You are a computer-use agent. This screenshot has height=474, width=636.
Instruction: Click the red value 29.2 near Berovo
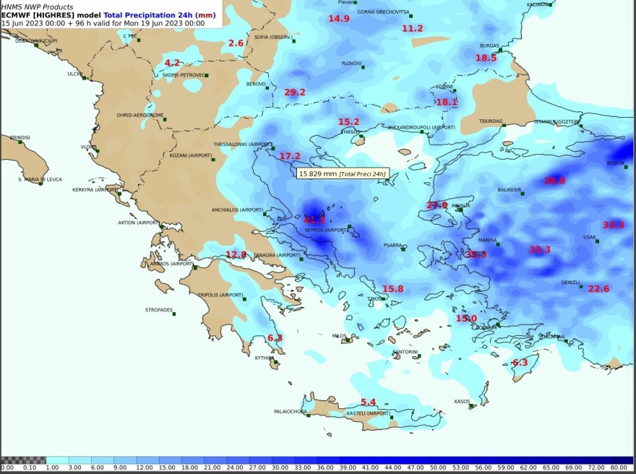tap(295, 92)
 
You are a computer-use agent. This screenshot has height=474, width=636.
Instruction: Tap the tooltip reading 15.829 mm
tap(343, 173)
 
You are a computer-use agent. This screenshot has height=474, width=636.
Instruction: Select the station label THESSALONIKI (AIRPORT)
tap(243, 145)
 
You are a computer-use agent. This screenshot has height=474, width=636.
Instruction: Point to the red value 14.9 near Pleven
tap(339, 19)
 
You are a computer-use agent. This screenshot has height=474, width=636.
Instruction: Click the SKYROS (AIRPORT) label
tap(326, 230)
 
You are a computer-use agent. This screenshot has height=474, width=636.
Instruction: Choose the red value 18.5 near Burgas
tap(486, 58)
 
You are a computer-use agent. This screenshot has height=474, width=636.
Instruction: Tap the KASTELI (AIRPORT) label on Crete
tap(368, 413)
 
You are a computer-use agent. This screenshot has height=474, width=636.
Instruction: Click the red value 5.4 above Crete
tap(369, 402)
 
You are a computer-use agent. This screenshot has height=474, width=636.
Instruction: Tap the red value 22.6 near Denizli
tap(598, 289)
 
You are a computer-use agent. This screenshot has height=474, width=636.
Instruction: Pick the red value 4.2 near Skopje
tap(172, 64)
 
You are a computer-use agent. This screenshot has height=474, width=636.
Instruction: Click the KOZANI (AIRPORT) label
tap(191, 155)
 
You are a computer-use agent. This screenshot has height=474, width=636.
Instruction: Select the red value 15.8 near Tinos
tap(392, 289)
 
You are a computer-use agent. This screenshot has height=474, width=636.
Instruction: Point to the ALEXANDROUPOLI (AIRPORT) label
tap(421, 127)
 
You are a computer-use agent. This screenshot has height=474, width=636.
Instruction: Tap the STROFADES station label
tap(159, 310)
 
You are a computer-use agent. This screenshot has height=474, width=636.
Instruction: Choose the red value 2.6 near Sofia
tap(236, 43)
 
